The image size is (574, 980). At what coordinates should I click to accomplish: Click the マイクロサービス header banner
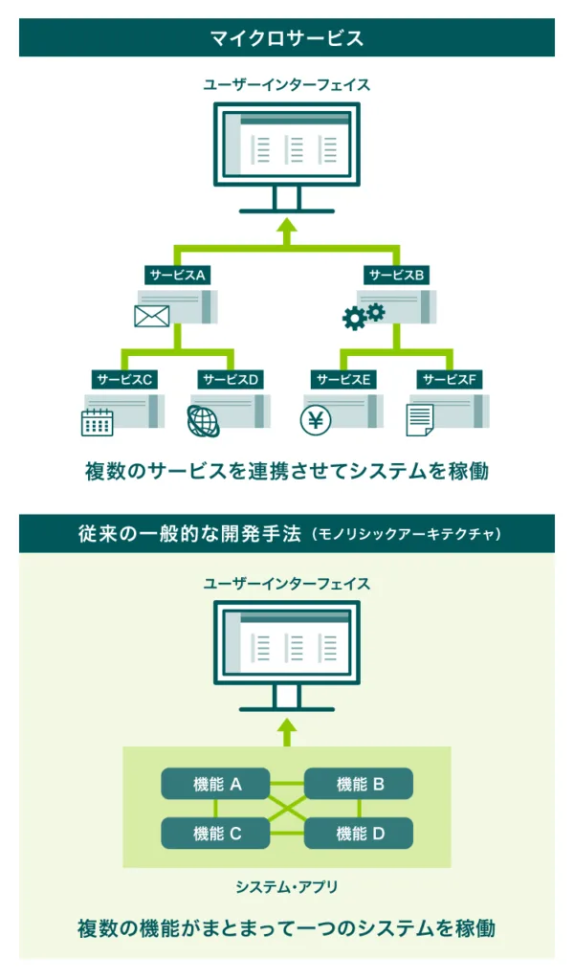pyautogui.click(x=287, y=38)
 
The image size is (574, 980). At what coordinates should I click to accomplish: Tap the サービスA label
pyautogui.click(x=178, y=275)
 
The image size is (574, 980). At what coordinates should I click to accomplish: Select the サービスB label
pyautogui.click(x=397, y=275)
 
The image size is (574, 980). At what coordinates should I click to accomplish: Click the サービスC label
pyautogui.click(x=124, y=379)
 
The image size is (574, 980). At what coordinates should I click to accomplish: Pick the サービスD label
pyautogui.click(x=231, y=379)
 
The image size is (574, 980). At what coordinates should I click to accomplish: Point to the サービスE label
pyautogui.click(x=343, y=379)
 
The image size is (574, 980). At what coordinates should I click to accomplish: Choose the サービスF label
pyautogui.click(x=450, y=379)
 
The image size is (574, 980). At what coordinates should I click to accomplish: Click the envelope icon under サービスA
pyautogui.click(x=151, y=315)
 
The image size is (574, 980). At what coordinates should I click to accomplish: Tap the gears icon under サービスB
pyautogui.click(x=364, y=316)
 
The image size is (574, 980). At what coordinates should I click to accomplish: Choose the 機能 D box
pyautogui.click(x=360, y=834)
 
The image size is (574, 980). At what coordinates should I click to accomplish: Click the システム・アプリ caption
pyautogui.click(x=287, y=887)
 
